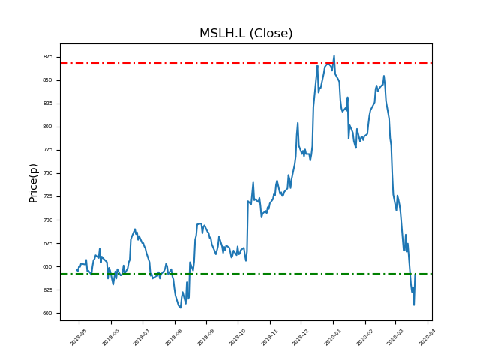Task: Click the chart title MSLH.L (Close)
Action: [246, 34]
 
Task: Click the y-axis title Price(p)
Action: [33, 182]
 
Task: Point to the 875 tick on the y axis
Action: [47, 57]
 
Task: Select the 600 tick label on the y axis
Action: [47, 313]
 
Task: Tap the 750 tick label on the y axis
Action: [47, 173]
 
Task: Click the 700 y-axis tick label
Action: [47, 220]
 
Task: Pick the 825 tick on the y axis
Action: [47, 103]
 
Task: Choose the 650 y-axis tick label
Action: [47, 267]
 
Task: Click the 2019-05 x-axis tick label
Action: [78, 335]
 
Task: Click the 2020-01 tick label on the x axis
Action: [332, 335]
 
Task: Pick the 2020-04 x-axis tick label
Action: [427, 335]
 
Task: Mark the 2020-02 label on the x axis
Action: [364, 335]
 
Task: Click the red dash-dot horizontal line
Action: [225, 63]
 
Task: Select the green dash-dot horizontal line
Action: [225, 274]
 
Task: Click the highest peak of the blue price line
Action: [334, 55]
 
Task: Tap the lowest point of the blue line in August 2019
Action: [181, 307]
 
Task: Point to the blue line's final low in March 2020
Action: [413, 304]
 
